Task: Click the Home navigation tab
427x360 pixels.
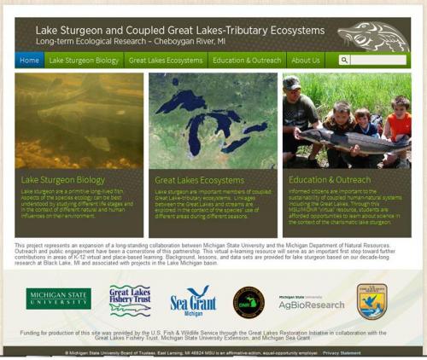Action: tap(29, 61)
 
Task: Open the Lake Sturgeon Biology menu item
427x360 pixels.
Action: tap(84, 61)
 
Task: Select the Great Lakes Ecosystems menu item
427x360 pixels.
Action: tap(165, 61)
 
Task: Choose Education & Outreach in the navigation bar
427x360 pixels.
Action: tap(247, 61)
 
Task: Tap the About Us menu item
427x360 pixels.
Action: tap(305, 61)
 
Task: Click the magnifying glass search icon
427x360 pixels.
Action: tap(344, 61)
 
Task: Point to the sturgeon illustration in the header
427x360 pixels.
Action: tap(373, 37)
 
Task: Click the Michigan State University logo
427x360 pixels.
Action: tap(58, 298)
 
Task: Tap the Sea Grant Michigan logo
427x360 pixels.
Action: tap(192, 301)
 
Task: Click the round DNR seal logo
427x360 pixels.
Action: tap(249, 301)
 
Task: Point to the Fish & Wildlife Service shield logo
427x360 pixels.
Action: tap(372, 300)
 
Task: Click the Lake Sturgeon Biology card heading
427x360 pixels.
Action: tap(63, 180)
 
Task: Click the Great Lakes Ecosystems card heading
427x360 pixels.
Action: tap(199, 180)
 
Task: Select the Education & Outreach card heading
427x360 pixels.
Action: tap(330, 180)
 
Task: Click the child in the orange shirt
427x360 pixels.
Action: tap(396, 119)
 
